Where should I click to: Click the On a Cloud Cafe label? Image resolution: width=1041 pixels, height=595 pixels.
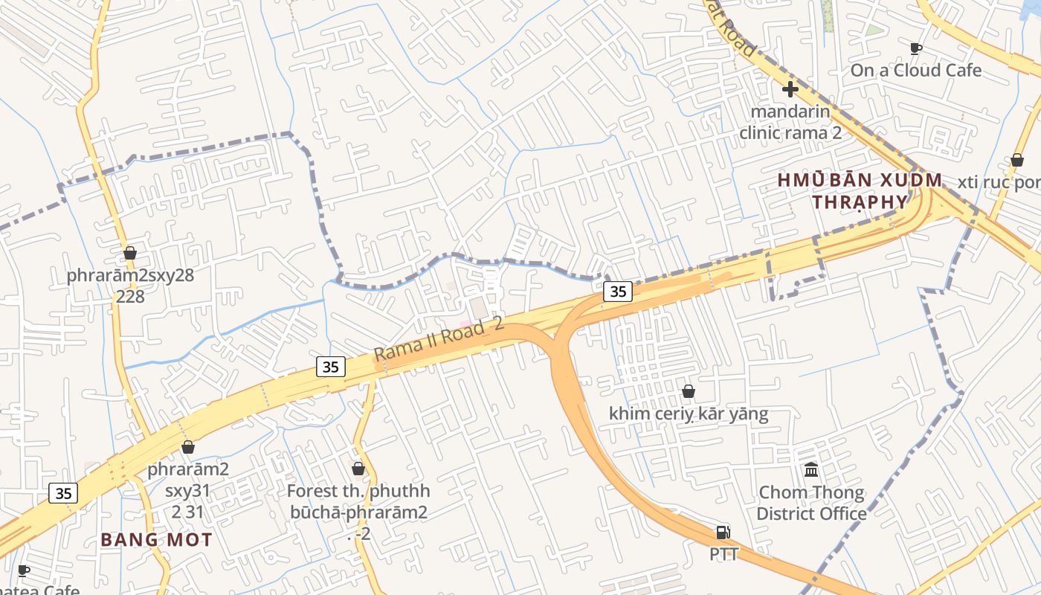click(916, 71)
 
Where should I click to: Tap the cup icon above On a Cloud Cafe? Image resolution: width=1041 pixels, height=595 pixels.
click(916, 48)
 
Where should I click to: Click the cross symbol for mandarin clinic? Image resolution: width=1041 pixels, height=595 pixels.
click(790, 89)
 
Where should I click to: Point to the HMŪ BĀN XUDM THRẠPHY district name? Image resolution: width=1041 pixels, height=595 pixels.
click(860, 191)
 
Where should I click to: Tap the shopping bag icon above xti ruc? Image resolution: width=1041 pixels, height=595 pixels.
click(1017, 160)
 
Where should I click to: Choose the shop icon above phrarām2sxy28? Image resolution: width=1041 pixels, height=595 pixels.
click(130, 253)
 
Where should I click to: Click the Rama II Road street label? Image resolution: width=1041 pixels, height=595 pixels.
click(439, 338)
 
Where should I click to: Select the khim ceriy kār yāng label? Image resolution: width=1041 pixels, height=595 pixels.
click(689, 414)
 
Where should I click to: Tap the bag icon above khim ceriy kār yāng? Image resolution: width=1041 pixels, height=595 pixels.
click(689, 391)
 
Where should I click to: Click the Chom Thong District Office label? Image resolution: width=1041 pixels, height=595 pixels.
click(811, 503)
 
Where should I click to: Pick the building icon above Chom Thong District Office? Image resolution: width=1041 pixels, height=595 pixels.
click(811, 470)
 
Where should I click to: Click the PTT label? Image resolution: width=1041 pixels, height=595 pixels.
click(723, 554)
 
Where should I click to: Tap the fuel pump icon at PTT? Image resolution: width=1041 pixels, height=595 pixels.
click(723, 533)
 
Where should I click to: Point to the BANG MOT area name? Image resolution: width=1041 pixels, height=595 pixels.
click(156, 540)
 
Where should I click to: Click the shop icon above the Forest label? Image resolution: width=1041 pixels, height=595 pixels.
click(358, 469)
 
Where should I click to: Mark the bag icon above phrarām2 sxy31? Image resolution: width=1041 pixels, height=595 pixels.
click(188, 447)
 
